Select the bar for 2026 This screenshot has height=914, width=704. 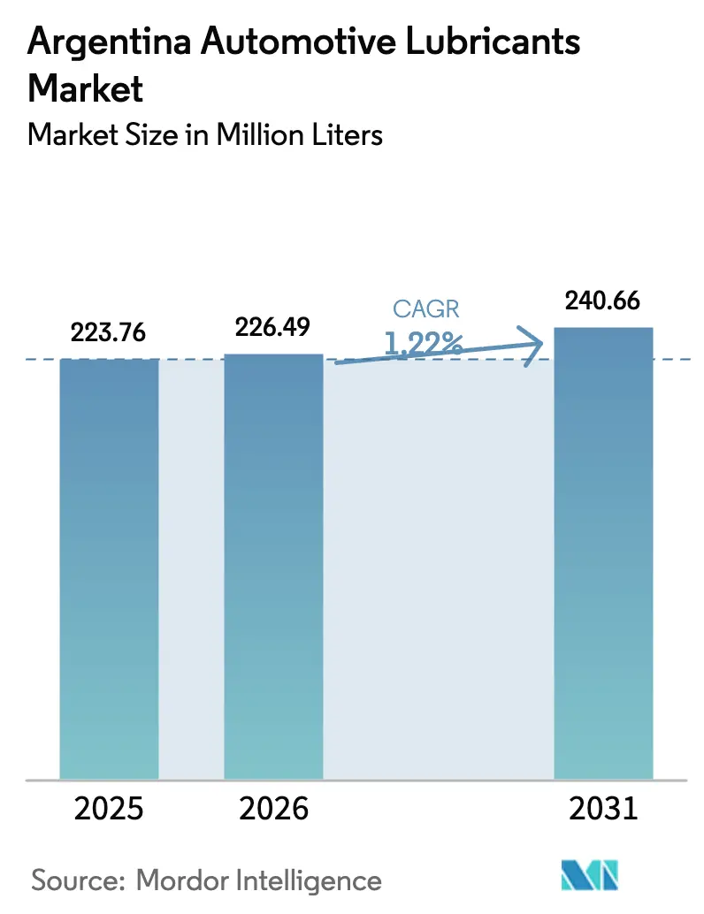pos(273,566)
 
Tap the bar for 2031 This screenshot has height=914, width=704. pos(602,552)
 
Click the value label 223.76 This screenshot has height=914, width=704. pos(108,333)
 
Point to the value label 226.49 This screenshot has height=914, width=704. pos(272,327)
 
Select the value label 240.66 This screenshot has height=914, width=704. pos(602,301)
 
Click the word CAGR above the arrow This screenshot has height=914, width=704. pos(427,308)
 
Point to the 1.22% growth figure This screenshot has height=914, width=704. pos(424,341)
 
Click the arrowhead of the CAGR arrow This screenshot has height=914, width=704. pos(533,346)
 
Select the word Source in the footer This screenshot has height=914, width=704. pos(79,880)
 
